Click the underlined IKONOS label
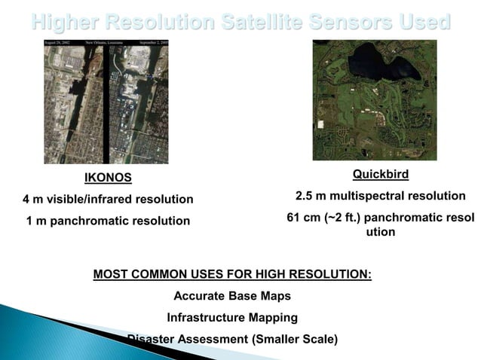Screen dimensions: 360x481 coord(108,178)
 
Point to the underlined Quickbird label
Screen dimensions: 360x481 coord(380,175)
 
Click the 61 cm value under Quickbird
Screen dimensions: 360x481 coord(302,218)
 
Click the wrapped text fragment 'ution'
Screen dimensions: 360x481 coord(380,233)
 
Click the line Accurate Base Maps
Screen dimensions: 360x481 coord(232,296)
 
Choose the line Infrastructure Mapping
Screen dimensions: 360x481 coord(232,317)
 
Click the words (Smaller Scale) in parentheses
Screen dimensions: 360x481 coord(293,339)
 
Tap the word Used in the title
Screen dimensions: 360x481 coord(426,22)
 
